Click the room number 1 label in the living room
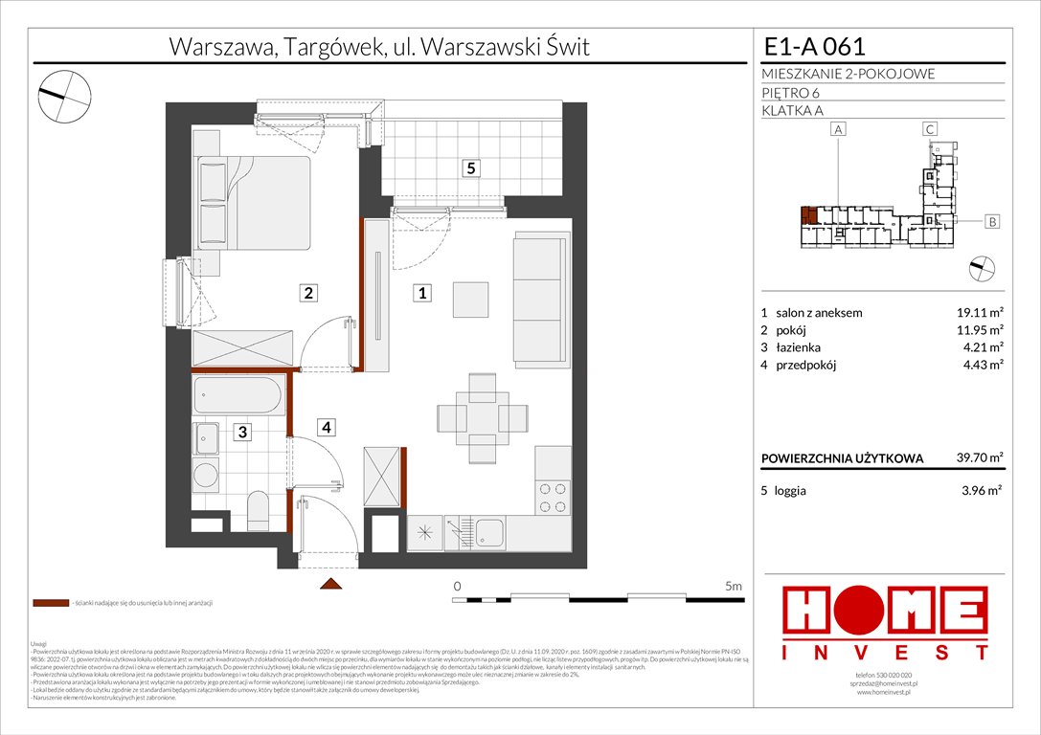coord(420,294)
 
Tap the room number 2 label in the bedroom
coord(307,294)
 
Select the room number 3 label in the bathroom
coord(243,433)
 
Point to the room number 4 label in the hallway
coord(327,428)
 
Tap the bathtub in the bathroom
coord(238,396)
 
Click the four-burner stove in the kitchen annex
coord(553,497)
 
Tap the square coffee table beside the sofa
coord(470,299)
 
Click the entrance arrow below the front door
coord(330,584)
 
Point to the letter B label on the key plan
coord(992,222)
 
